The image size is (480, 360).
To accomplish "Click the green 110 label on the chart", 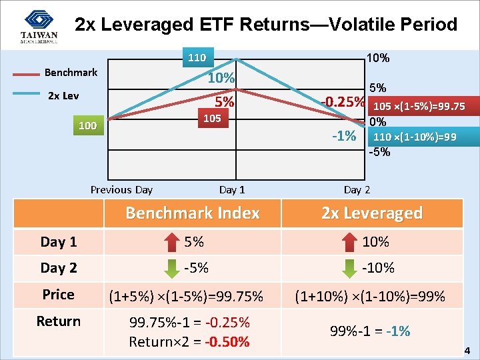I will click(x=196, y=57).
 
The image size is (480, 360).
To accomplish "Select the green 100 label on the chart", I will click(x=87, y=125).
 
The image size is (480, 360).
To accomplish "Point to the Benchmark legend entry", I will click(x=71, y=72).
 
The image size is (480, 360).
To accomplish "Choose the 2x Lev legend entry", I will click(x=63, y=95).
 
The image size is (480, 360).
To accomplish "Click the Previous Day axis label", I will click(x=121, y=189).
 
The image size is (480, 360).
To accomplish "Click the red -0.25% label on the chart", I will click(x=342, y=103).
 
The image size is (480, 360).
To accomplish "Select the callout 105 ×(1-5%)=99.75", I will click(x=419, y=107).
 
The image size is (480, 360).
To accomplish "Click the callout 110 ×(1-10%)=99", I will click(x=415, y=137).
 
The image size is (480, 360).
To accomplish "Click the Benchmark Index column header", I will click(x=193, y=213).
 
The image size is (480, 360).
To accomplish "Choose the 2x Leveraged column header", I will click(x=372, y=213).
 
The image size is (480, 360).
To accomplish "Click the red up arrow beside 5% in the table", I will click(x=171, y=241).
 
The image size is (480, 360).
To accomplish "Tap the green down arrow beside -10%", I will click(x=347, y=268).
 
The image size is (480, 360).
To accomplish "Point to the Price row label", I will click(x=59, y=294).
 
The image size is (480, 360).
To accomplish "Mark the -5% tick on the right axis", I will click(x=379, y=151).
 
